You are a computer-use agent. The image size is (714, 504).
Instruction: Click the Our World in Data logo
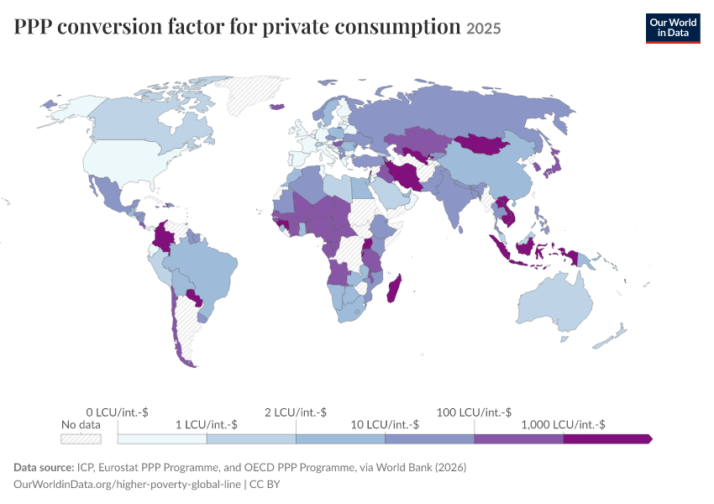[x=673, y=29]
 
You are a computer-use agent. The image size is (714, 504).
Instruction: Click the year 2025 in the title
[x=484, y=29]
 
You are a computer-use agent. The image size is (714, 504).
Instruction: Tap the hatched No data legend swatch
[x=81, y=438]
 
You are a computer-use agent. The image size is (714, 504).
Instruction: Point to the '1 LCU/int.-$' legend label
[x=207, y=425]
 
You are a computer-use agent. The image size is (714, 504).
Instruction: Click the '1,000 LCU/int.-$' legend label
[x=564, y=425]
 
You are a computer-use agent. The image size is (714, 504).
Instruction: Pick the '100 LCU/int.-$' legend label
[x=474, y=412]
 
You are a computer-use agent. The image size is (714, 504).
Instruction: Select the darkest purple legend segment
[x=608, y=438]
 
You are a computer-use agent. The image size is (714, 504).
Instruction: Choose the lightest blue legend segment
[x=162, y=438]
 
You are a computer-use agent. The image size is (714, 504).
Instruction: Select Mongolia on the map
[x=482, y=144]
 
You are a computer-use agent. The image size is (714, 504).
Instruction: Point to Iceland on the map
[x=277, y=107]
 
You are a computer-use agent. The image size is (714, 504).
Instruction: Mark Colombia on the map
[x=163, y=236]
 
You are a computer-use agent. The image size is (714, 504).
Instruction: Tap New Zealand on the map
[x=611, y=338]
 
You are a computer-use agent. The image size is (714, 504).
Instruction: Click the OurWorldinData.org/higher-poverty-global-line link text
[x=127, y=485]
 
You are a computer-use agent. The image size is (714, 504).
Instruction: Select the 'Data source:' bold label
[x=44, y=468]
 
